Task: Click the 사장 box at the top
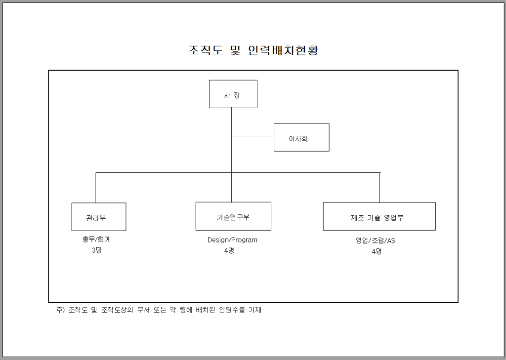click(233, 94)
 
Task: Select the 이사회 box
click(301, 137)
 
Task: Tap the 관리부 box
click(99, 217)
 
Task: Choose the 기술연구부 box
click(233, 216)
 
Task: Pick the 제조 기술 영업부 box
click(379, 216)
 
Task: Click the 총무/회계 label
click(96, 240)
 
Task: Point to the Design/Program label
click(232, 240)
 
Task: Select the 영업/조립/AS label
click(376, 240)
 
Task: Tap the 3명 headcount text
click(96, 250)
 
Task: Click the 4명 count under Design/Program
click(229, 251)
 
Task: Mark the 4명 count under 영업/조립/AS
click(377, 252)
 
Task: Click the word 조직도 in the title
click(206, 50)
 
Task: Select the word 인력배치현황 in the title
click(284, 50)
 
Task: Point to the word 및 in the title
click(236, 50)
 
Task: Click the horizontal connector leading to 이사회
click(253, 136)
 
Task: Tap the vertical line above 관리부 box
click(95, 188)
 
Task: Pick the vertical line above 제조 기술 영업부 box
click(379, 188)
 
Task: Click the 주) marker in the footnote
click(61, 310)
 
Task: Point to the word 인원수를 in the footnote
click(232, 310)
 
